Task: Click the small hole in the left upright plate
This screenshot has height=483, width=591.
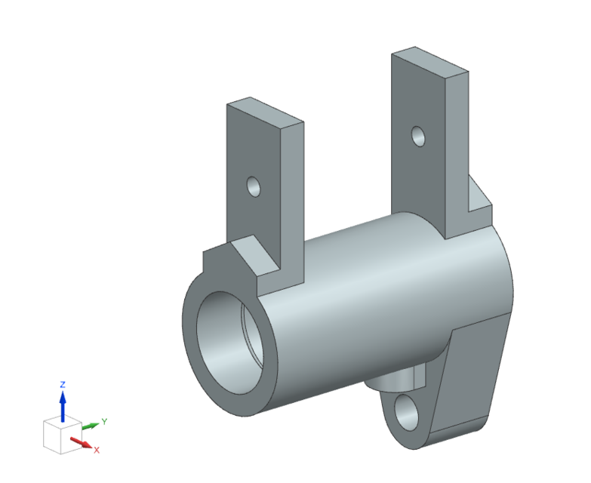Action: tap(254, 186)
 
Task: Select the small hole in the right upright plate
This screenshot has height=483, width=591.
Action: tap(417, 136)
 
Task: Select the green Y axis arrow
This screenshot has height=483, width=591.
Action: tap(90, 426)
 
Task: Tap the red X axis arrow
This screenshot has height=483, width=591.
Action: tap(80, 442)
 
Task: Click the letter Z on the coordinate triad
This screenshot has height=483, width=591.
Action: tap(63, 384)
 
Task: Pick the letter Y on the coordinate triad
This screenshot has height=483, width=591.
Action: tap(104, 422)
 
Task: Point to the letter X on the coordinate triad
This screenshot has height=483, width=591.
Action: tap(97, 450)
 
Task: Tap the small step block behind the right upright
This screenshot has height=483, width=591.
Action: tap(479, 200)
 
